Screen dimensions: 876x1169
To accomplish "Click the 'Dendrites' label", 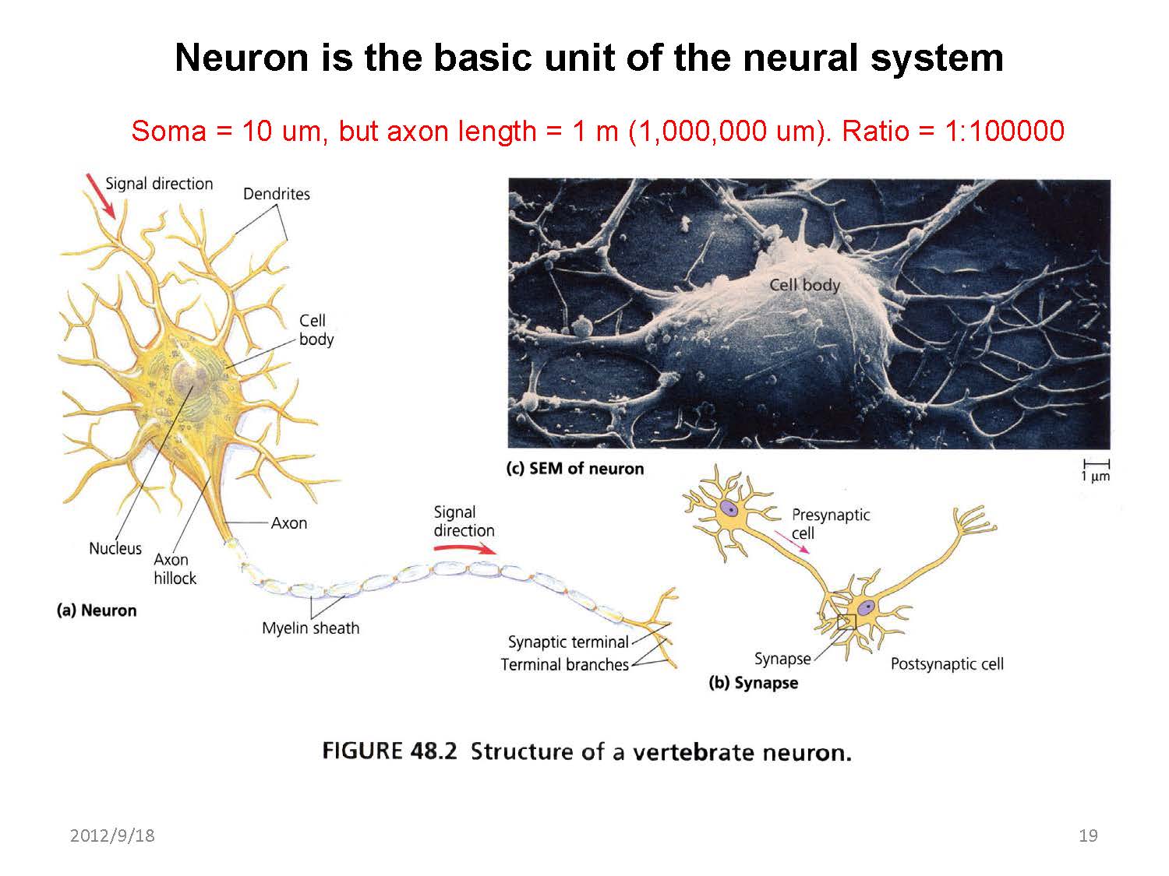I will tap(276, 194).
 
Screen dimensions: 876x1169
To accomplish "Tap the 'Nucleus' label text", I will tap(115, 548).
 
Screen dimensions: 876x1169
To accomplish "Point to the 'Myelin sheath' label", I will tap(310, 628).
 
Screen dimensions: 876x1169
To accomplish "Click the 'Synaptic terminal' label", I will tap(567, 642).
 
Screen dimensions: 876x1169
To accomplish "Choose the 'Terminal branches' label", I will tap(564, 665).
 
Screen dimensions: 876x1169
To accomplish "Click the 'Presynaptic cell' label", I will tap(830, 523).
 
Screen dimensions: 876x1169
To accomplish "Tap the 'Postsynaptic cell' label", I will tap(947, 664).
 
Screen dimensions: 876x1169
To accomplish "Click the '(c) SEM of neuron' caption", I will tap(575, 469).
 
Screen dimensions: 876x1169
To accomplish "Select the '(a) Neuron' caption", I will tap(97, 610).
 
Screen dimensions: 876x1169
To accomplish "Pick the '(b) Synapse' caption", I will tap(753, 684).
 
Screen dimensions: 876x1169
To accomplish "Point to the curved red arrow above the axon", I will tap(464, 548).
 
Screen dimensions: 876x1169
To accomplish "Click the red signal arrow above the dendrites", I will tap(101, 195).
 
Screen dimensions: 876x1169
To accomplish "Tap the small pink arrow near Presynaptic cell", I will tap(791, 541).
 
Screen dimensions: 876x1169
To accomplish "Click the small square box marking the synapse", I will tap(846, 622).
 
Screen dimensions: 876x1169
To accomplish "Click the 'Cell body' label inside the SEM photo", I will tap(804, 285).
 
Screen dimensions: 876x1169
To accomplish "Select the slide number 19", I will tap(1088, 836).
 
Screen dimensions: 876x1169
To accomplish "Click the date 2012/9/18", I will tap(112, 836).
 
